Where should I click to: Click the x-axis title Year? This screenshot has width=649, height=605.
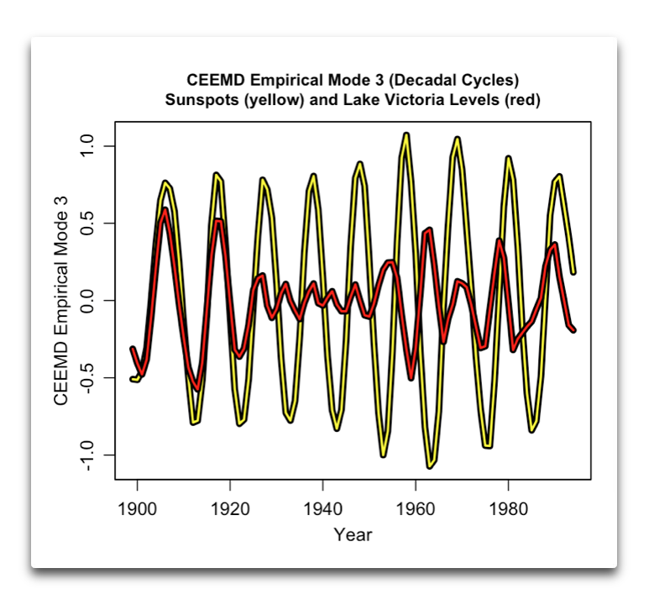(x=353, y=534)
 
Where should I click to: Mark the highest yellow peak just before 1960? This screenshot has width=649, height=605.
(x=406, y=134)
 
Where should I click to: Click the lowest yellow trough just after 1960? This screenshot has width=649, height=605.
(x=430, y=465)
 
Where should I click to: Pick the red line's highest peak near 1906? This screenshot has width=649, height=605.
(x=165, y=210)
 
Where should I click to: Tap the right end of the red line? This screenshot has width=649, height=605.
(x=574, y=330)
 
